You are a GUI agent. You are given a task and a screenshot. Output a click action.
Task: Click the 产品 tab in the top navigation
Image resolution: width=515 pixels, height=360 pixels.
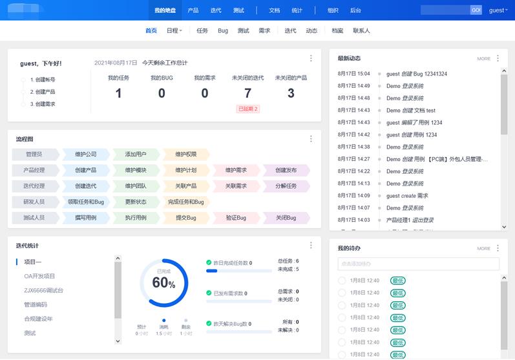pyautogui.click(x=193, y=10)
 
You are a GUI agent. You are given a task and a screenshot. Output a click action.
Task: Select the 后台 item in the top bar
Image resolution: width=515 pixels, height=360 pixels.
pyautogui.click(x=355, y=10)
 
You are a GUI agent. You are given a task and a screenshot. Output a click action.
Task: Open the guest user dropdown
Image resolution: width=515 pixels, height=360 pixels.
pyautogui.click(x=498, y=10)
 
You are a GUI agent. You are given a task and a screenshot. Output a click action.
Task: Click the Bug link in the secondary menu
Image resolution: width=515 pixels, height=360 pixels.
pyautogui.click(x=223, y=30)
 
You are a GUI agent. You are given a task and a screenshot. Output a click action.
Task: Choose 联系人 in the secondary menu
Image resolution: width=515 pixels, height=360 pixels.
pyautogui.click(x=361, y=30)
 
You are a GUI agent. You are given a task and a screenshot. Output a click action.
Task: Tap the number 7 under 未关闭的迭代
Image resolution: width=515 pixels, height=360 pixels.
pyautogui.click(x=247, y=93)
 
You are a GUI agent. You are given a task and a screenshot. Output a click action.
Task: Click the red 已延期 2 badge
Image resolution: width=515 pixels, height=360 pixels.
pyautogui.click(x=248, y=109)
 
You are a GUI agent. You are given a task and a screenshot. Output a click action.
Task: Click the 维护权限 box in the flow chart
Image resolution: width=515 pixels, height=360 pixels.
pyautogui.click(x=185, y=154)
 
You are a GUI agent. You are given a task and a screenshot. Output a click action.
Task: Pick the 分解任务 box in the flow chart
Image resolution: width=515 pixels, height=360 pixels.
pyautogui.click(x=286, y=186)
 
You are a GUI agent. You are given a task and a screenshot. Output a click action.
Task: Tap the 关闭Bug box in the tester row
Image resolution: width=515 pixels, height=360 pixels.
pyautogui.click(x=286, y=218)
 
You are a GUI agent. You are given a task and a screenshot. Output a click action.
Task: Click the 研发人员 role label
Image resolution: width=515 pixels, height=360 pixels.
pyautogui.click(x=35, y=202)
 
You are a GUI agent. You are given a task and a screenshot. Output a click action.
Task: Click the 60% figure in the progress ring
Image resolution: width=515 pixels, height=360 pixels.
pyautogui.click(x=163, y=282)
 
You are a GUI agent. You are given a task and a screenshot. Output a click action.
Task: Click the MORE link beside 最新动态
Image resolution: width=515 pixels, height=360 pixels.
pyautogui.click(x=483, y=59)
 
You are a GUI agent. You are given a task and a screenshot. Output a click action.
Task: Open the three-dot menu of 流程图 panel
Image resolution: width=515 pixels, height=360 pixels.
pyautogui.click(x=311, y=138)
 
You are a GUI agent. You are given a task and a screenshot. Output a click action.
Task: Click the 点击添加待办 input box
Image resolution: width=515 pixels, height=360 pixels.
pyautogui.click(x=418, y=264)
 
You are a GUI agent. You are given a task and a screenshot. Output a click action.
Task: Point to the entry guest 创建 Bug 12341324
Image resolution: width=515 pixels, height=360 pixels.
pyautogui.click(x=417, y=74)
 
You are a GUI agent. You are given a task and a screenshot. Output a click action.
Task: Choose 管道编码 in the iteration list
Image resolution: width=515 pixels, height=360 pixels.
pyautogui.click(x=36, y=304)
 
